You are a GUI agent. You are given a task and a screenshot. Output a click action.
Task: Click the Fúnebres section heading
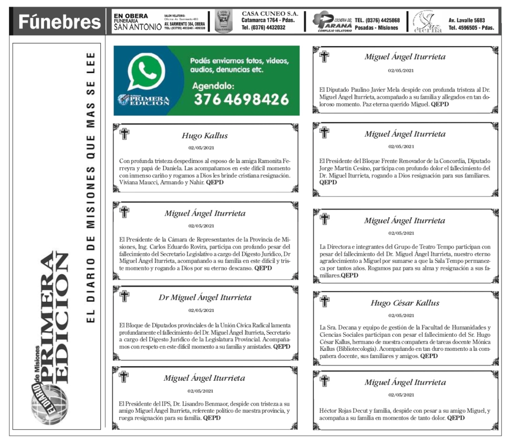tap(59, 22)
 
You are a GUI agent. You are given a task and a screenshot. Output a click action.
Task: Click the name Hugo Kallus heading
tap(205, 136)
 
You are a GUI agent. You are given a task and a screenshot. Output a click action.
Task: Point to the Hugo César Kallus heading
tap(405, 303)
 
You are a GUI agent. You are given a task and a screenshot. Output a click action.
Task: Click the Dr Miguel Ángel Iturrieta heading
tap(205, 298)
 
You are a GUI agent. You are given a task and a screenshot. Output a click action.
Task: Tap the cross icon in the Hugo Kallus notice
tap(124, 134)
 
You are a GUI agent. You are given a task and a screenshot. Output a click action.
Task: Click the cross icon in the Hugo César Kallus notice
tap(324, 301)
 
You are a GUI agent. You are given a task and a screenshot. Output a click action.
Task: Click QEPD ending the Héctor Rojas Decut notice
tap(456, 418)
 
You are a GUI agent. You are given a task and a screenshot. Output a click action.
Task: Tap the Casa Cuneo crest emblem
tap(223, 22)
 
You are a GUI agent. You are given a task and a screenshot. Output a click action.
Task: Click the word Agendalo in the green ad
tap(213, 86)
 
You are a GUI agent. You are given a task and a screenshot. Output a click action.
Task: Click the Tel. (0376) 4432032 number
tap(263, 28)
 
